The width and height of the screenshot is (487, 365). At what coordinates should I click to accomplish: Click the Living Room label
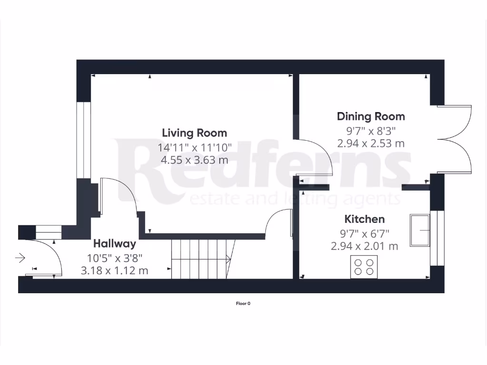(195, 133)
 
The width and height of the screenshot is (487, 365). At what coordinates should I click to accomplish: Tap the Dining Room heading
(371, 116)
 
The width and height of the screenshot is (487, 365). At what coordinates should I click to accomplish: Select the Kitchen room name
(364, 220)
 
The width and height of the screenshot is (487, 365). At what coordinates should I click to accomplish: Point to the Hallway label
(114, 244)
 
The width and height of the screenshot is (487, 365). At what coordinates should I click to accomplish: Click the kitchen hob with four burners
(364, 267)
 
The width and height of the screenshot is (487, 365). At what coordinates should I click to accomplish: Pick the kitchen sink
(419, 231)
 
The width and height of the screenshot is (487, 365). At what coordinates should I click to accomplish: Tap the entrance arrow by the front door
(20, 259)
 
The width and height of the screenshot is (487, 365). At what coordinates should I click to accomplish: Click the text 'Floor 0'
(243, 304)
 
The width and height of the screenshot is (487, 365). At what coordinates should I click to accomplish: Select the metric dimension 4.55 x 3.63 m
(195, 160)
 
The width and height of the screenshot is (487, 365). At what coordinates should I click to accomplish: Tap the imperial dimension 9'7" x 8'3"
(370, 130)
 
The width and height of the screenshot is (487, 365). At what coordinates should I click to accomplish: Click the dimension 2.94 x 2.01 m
(364, 246)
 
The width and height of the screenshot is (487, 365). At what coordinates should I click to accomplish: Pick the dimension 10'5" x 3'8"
(114, 258)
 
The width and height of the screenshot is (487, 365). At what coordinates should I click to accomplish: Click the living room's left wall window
(84, 140)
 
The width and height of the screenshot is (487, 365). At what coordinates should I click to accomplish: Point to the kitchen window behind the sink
(437, 238)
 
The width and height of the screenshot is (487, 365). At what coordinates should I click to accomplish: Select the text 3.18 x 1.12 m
(114, 271)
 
